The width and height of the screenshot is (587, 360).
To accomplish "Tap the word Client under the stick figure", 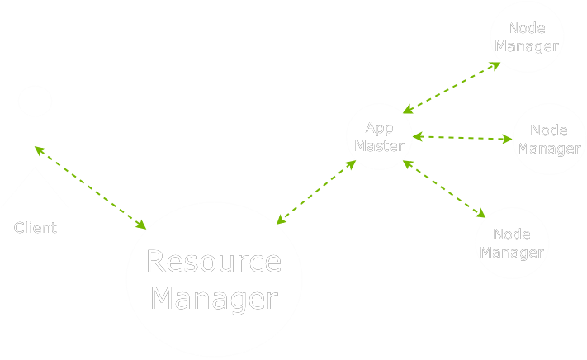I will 36,228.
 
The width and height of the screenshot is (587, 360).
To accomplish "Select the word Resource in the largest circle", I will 214,262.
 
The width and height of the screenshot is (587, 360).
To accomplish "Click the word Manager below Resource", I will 214,298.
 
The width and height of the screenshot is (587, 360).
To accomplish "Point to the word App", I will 380,128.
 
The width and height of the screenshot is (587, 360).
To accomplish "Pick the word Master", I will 380,146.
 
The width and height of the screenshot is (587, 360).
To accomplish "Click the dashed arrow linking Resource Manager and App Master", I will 316,192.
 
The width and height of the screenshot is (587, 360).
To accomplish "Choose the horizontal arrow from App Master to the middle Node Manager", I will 462,138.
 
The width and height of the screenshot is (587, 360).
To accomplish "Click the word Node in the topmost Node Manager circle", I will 527,28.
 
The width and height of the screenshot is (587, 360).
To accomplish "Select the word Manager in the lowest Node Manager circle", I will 512,253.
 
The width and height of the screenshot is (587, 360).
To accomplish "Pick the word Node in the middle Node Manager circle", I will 549,130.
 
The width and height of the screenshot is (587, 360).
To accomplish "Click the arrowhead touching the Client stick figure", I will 38,149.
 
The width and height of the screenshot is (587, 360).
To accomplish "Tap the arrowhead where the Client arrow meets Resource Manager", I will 141,225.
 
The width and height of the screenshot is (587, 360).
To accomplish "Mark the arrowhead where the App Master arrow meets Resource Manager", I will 282,220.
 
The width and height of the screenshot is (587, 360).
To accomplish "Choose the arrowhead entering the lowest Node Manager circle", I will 481,215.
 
